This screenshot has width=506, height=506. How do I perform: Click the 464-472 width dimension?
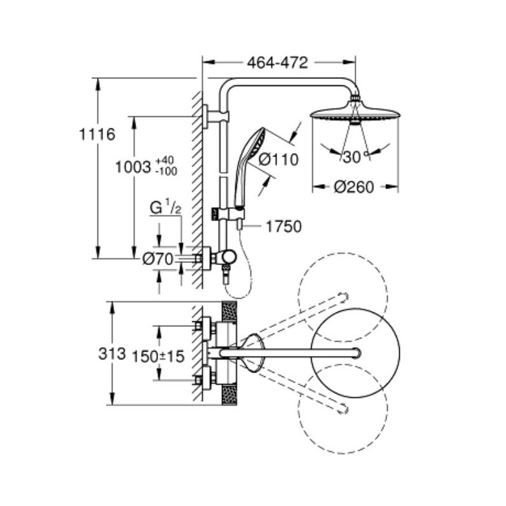pyautogui.click(x=278, y=63)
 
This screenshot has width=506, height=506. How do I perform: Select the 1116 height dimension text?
pyautogui.click(x=97, y=134)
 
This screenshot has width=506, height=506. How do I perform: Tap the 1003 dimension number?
pyautogui.click(x=133, y=167)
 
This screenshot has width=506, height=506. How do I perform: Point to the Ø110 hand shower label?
pyautogui.click(x=279, y=159)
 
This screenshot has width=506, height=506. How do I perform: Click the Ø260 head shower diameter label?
pyautogui.click(x=354, y=187)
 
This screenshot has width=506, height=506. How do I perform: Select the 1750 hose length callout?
pyautogui.click(x=283, y=226)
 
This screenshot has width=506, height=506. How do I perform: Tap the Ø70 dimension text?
pyautogui.click(x=157, y=259)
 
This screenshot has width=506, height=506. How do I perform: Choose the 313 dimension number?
pyautogui.click(x=112, y=354)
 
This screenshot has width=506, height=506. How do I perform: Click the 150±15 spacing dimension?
pyautogui.click(x=159, y=356)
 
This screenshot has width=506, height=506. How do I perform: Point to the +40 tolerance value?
pyautogui.click(x=164, y=161)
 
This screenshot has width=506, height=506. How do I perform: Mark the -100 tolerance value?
pyautogui.click(x=166, y=171)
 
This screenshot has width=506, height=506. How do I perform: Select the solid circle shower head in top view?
pyautogui.click(x=355, y=352)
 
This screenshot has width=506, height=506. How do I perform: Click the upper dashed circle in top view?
pyautogui.click(x=343, y=297)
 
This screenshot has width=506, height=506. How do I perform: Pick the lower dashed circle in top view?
pyautogui.click(x=343, y=408)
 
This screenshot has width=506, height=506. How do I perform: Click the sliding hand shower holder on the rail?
pyautogui.click(x=228, y=214)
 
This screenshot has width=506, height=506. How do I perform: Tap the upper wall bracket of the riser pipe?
pyautogui.click(x=216, y=116)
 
